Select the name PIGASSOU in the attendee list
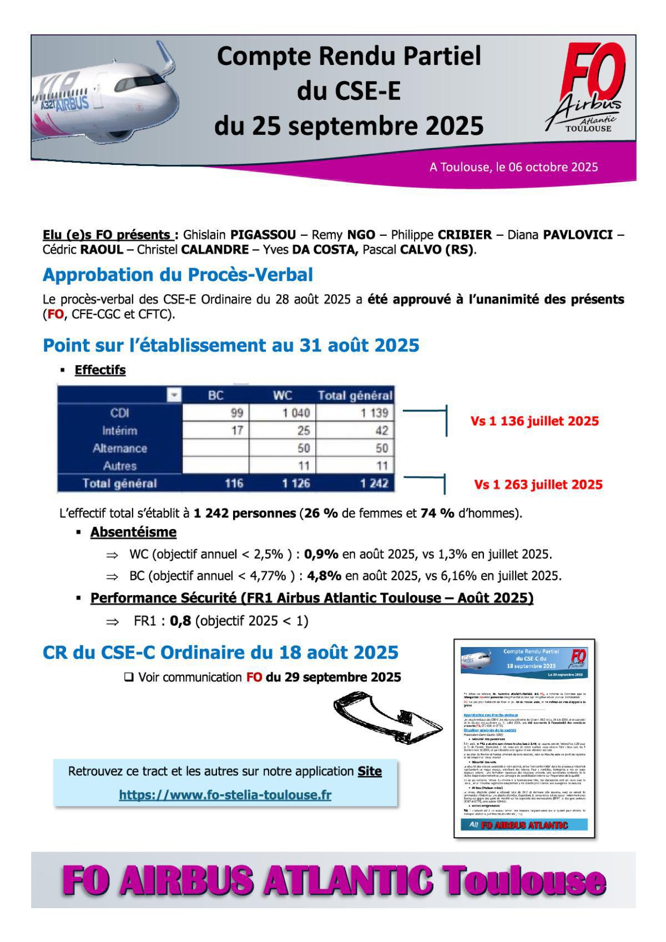(263, 235)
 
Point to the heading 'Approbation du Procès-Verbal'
(178, 275)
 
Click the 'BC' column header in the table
(215, 396)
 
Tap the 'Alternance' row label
(119, 449)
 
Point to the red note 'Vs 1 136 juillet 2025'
(534, 421)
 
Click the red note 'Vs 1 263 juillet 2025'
(538, 485)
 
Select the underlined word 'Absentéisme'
(133, 532)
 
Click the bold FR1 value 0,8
(180, 621)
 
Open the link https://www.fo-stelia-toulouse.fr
(225, 795)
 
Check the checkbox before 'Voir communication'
(129, 677)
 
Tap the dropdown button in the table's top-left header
(174, 395)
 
